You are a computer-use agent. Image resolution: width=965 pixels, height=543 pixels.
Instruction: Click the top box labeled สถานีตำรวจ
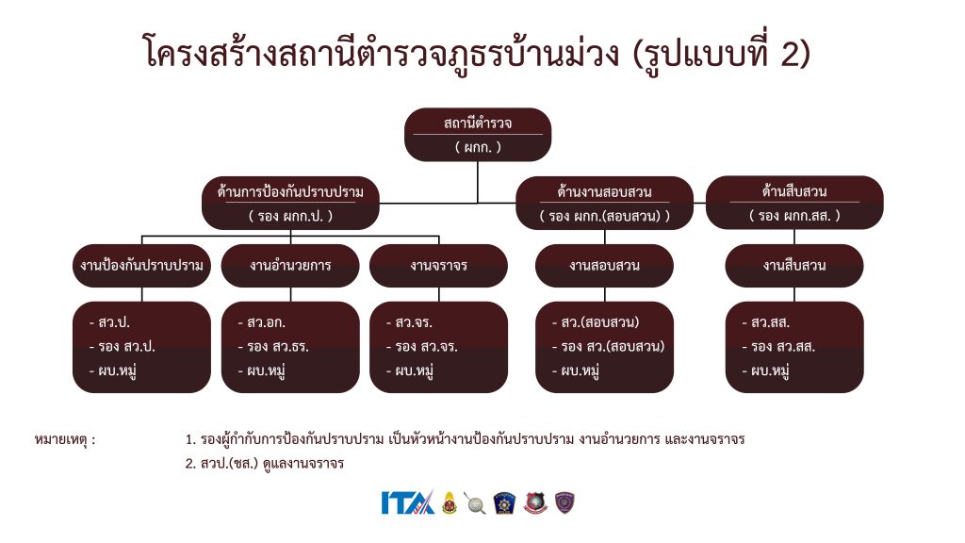(477, 134)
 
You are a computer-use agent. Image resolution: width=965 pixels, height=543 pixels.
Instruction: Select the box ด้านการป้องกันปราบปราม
(290, 203)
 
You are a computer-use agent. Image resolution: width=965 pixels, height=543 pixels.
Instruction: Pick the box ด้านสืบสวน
(793, 203)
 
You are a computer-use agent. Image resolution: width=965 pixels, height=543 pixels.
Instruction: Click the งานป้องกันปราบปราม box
(142, 265)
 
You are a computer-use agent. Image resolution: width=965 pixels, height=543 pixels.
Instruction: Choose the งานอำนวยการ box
(290, 265)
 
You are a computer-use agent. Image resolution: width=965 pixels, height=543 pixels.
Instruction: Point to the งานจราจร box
(438, 265)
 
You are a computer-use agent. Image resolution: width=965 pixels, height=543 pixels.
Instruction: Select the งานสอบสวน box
(604, 265)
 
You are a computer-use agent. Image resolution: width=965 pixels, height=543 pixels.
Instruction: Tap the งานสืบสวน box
(793, 265)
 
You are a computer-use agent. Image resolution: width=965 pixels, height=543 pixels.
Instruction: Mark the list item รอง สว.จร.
(421, 346)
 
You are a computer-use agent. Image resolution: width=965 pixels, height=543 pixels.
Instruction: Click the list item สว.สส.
(771, 322)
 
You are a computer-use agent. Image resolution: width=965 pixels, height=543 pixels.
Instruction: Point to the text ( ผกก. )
(477, 147)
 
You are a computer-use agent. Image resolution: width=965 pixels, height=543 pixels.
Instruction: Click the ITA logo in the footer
(407, 502)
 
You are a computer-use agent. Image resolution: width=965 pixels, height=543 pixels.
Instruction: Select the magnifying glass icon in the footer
(475, 502)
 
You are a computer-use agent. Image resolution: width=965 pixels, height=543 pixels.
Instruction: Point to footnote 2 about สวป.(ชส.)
(265, 463)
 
